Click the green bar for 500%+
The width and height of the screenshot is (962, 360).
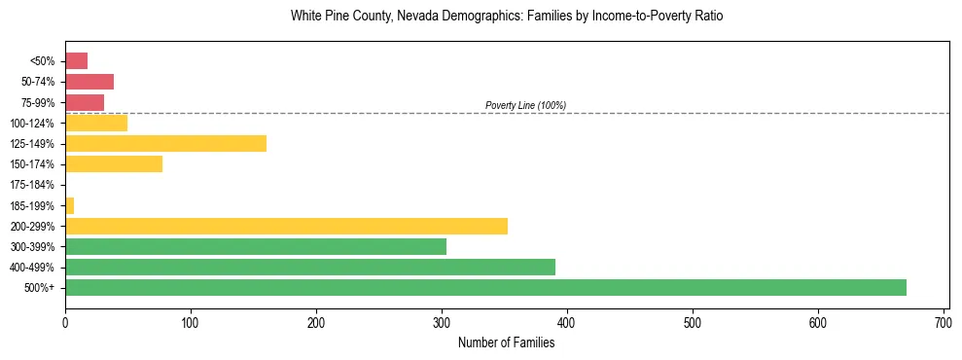pyautogui.click(x=485, y=287)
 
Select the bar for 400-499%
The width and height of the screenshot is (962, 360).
pyautogui.click(x=310, y=267)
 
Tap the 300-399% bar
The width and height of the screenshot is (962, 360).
pyautogui.click(x=256, y=246)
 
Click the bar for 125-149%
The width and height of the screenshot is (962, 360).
pyautogui.click(x=165, y=144)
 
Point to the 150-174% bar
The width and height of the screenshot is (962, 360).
pyautogui.click(x=114, y=164)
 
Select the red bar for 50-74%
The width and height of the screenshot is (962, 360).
pyautogui.click(x=89, y=82)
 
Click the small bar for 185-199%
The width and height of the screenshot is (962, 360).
pyautogui.click(x=69, y=205)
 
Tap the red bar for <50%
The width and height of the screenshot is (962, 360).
pyautogui.click(x=77, y=61)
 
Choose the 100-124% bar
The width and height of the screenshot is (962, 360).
pyautogui.click(x=96, y=124)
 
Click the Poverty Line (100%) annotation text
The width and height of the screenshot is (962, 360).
pyautogui.click(x=525, y=105)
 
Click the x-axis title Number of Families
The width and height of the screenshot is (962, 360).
pyautogui.click(x=506, y=342)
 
